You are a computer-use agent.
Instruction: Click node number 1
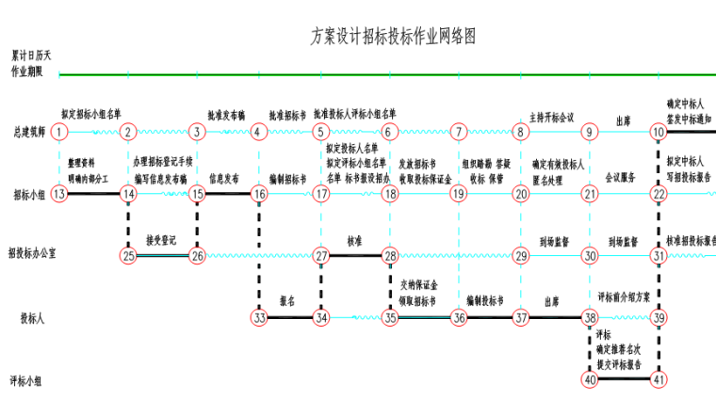coord(59,133)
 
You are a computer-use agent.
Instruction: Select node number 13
coord(59,194)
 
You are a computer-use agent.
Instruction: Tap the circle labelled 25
coord(129,255)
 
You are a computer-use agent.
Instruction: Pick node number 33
coord(259,318)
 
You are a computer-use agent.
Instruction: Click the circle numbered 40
coord(590,380)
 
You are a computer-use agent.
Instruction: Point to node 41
coord(659,380)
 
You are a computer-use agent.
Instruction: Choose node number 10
coord(659,133)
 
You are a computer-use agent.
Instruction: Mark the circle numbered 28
coord(390,255)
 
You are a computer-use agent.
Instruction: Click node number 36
coord(459,318)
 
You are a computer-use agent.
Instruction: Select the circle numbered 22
coord(659,194)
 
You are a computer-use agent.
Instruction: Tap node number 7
coord(459,133)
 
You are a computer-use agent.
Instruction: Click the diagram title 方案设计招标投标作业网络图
coord(393,37)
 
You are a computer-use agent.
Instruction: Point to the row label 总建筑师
coord(29,133)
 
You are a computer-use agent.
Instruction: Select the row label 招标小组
coord(29,195)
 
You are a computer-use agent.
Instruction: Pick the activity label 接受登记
coord(162,240)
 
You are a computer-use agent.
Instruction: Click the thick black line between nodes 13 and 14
coord(94,194)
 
